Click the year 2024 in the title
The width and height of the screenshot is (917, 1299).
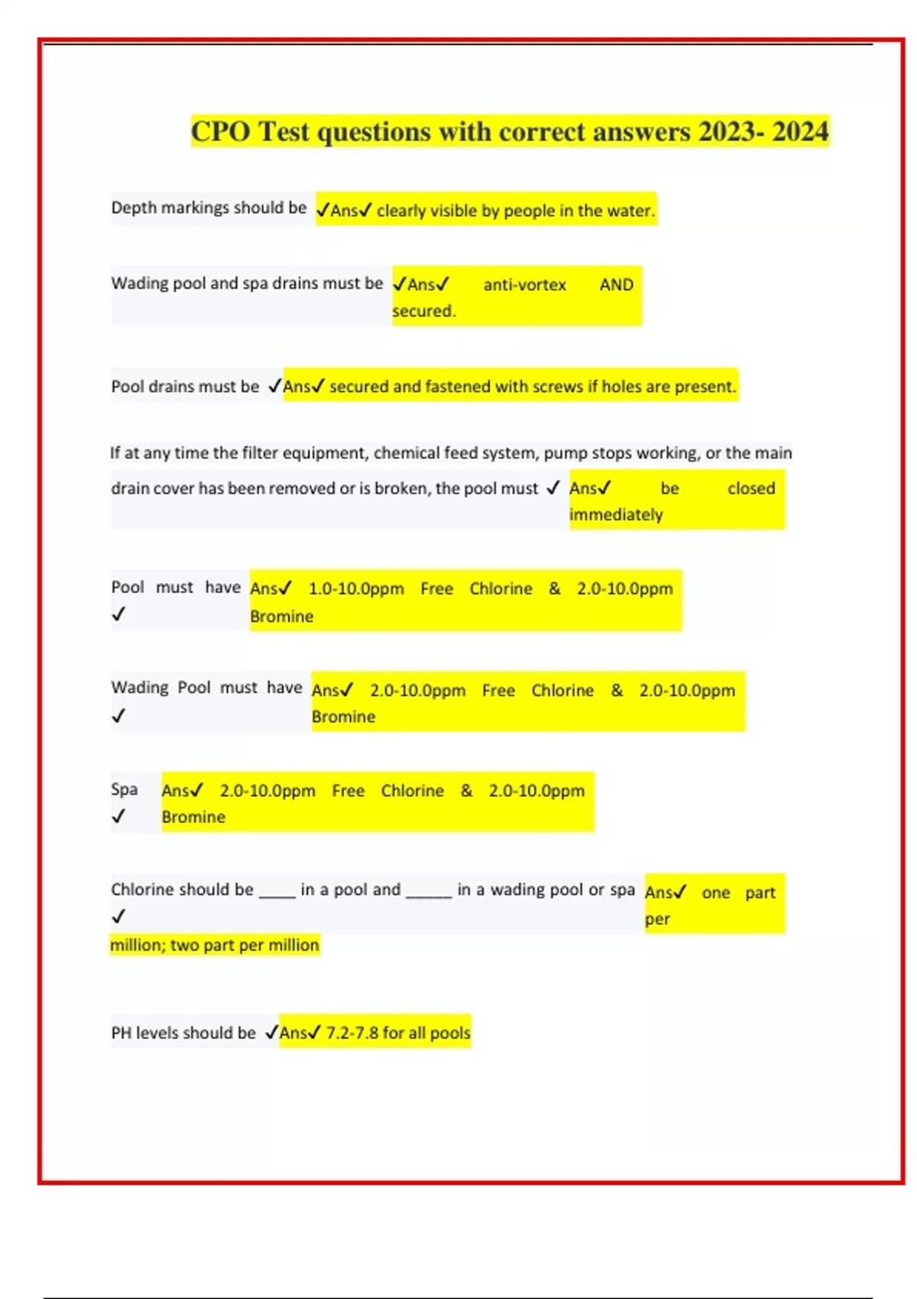(800, 131)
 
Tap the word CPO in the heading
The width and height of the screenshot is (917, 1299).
(220, 131)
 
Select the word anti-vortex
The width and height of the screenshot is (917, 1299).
(524, 285)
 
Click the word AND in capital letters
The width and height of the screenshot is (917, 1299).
(616, 285)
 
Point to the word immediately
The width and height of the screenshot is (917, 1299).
(615, 515)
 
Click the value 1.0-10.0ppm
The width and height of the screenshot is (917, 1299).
(356, 589)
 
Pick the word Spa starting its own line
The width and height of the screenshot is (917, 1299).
(124, 789)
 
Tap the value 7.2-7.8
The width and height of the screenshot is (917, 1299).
(352, 1033)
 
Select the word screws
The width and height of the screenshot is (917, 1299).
(558, 387)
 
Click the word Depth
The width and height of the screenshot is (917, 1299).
(133, 208)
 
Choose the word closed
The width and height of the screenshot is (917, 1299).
(750, 488)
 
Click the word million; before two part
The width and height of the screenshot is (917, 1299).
(138, 945)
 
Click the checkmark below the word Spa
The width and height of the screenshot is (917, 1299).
(118, 816)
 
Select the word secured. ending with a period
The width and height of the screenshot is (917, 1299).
(423, 311)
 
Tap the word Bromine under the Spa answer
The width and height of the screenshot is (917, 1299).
(193, 817)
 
